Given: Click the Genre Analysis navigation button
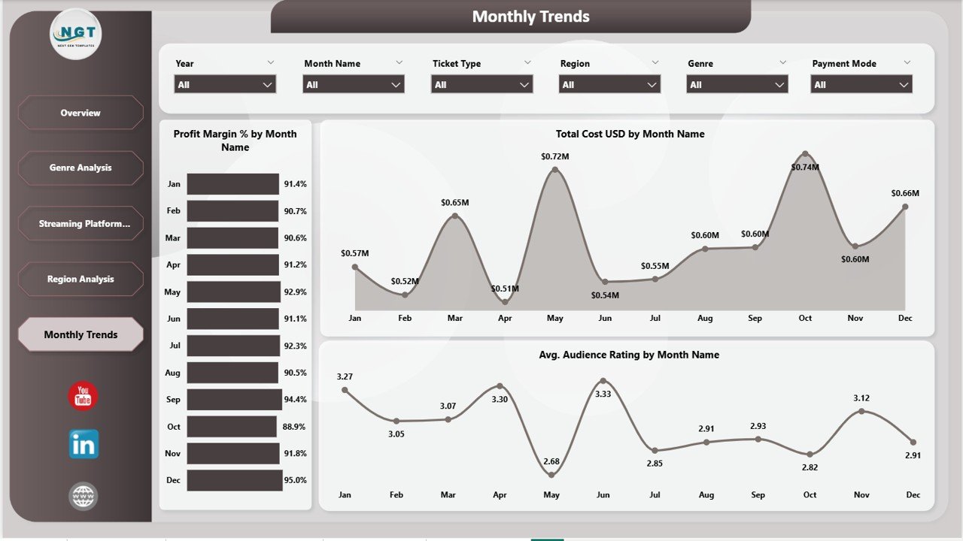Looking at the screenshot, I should [81, 168].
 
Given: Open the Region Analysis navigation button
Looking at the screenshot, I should [81, 279].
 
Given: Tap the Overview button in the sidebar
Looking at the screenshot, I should [81, 113].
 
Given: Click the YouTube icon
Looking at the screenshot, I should [83, 396].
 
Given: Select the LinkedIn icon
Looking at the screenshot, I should [83, 445].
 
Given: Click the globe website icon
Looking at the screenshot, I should [83, 496].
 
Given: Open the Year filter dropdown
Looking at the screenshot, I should [225, 85].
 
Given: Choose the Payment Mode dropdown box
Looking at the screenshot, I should [861, 85].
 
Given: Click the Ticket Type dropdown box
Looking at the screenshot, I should [481, 85].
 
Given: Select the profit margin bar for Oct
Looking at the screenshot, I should [232, 427].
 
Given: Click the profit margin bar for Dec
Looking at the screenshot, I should [235, 480].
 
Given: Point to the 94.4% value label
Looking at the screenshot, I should [296, 400].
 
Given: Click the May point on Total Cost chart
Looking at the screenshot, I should [555, 170].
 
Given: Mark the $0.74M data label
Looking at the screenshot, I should [805, 167].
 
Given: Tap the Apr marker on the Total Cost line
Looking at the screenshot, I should [505, 302].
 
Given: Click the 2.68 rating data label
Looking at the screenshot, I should [551, 461].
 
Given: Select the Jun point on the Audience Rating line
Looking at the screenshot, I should [603, 381].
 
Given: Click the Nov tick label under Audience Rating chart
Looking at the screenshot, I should [861, 494].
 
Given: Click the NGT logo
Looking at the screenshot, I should [76, 34].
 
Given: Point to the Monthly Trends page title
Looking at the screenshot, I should [530, 17].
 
